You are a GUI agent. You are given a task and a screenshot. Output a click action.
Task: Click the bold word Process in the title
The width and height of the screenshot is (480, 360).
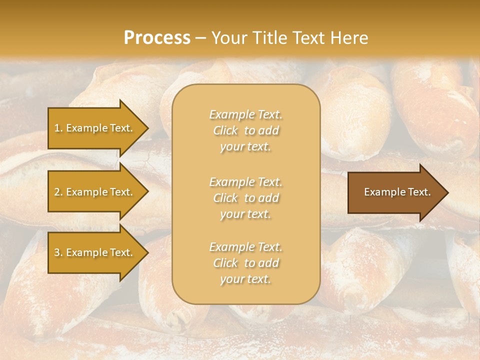coord(157,38)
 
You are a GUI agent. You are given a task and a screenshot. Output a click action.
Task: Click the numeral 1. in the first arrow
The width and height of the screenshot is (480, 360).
coord(58,128)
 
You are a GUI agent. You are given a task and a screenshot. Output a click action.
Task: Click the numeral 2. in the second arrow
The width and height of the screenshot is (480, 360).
coord(58,192)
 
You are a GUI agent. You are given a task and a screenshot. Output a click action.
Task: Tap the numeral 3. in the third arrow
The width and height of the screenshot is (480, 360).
coord(58,252)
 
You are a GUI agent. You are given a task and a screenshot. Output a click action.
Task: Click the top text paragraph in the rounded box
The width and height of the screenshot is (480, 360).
coord(245,130)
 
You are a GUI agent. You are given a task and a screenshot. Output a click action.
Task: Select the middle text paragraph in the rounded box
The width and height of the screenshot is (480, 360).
coord(245,198)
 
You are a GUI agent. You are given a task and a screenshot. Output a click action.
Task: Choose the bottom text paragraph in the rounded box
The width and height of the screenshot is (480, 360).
coord(245,263)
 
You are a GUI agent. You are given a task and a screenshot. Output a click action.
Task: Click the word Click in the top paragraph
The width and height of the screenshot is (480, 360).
coord(225,131)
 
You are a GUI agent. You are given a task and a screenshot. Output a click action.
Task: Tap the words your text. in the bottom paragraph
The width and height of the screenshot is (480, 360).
coord(245,279)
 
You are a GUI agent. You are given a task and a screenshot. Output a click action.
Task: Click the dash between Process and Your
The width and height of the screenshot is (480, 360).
coord(201,38)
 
